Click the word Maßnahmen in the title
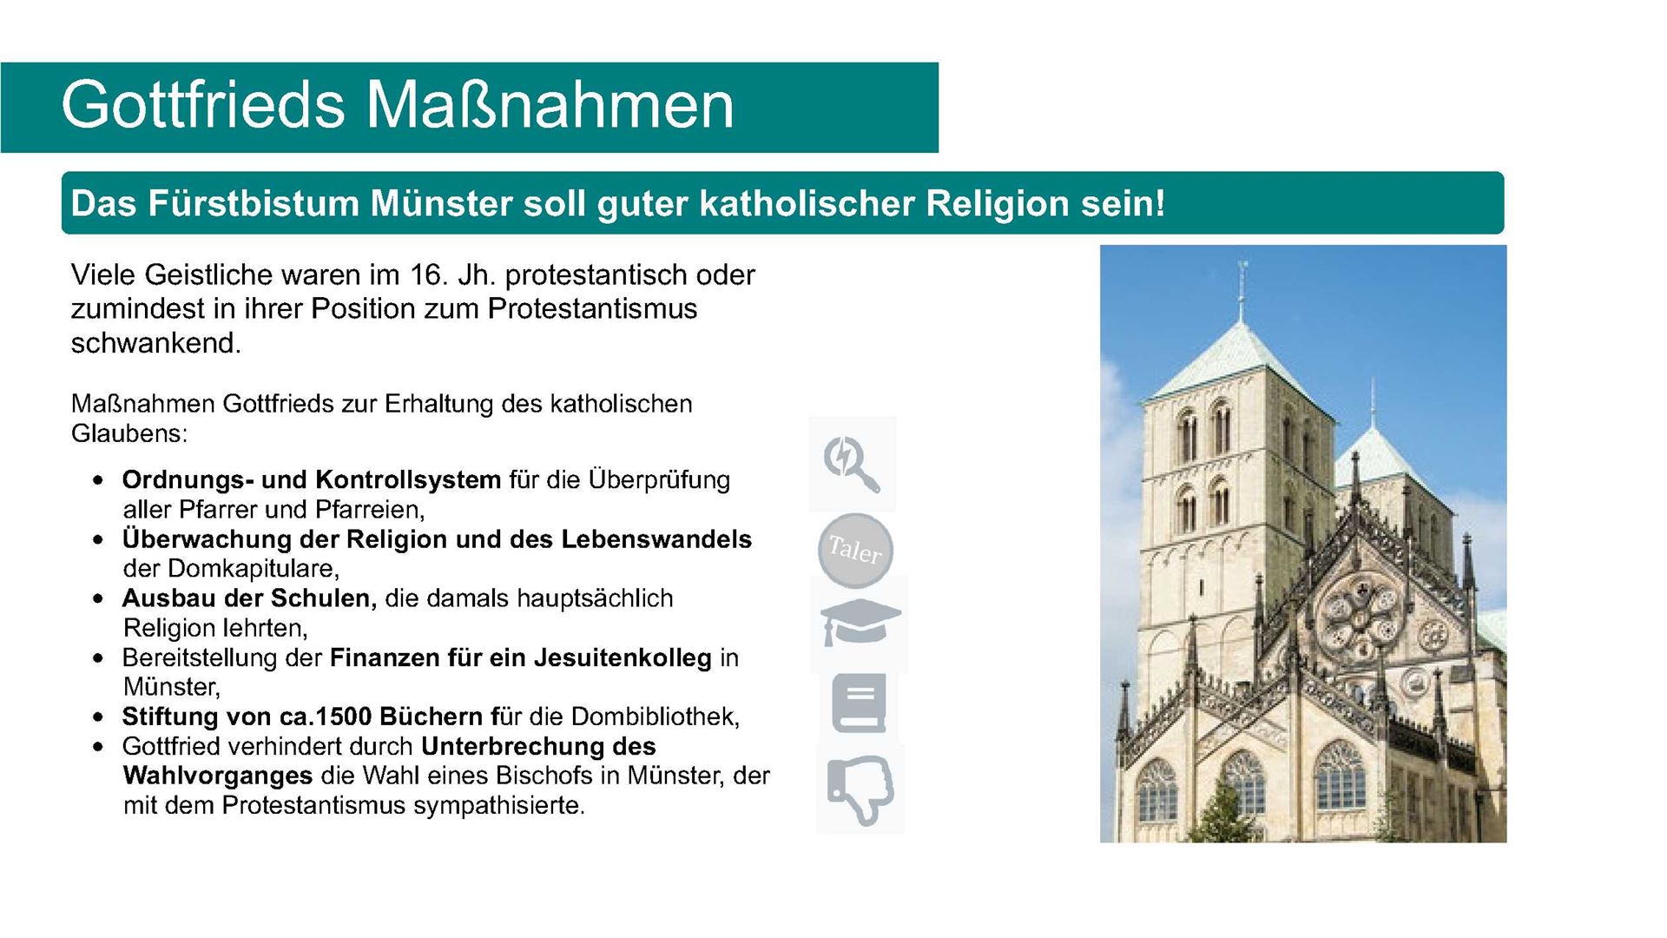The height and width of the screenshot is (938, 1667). (549, 105)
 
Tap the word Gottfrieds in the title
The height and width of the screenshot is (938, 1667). (203, 105)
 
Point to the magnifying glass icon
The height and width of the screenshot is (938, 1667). (852, 465)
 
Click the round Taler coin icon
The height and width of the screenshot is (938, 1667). (855, 550)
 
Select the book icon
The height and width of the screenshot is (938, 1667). (860, 703)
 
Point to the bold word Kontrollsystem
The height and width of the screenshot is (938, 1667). (408, 480)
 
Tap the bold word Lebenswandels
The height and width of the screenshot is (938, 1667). (656, 539)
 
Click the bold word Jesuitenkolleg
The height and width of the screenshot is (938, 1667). (623, 658)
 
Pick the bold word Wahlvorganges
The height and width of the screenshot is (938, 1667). (218, 776)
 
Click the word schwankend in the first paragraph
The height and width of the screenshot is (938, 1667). (155, 343)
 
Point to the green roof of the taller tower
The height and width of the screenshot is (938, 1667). (1242, 365)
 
